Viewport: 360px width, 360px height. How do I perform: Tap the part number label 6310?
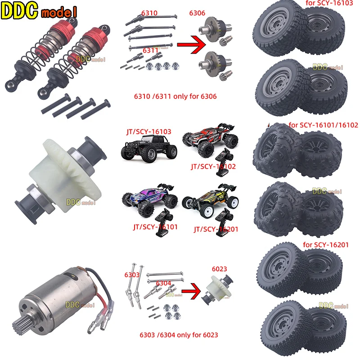[x=149, y=13]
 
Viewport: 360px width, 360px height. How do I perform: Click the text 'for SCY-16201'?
[x=325, y=245]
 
